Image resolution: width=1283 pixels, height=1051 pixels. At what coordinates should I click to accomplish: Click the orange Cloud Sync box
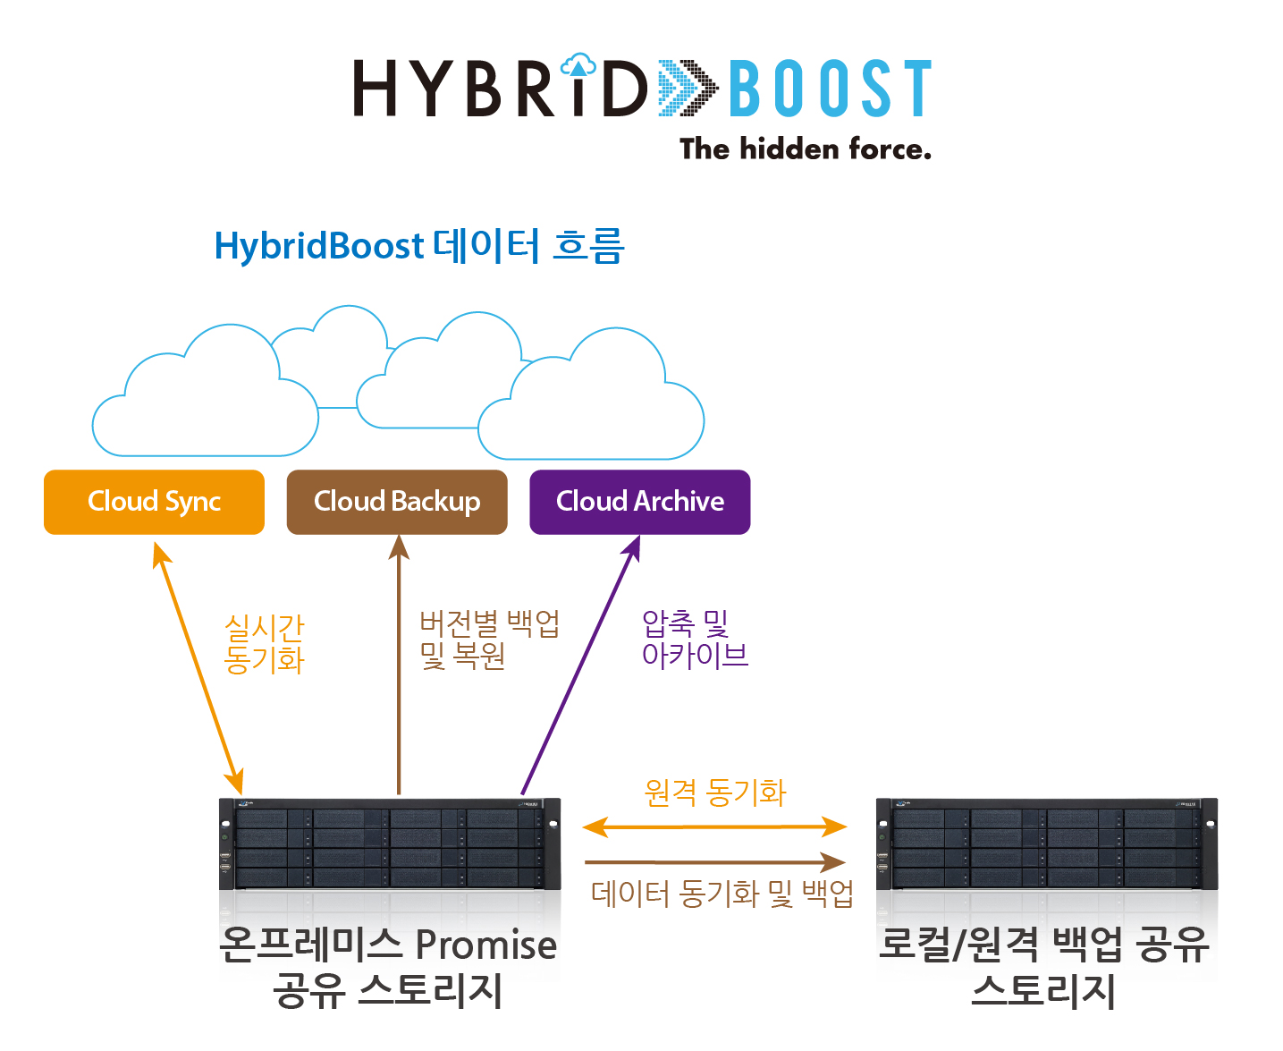click(x=154, y=502)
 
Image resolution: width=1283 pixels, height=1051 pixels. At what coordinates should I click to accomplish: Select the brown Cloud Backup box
click(x=397, y=502)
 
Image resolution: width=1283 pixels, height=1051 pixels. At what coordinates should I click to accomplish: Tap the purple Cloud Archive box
click(x=640, y=502)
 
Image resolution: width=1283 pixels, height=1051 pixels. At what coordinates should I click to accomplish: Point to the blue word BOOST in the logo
click(x=831, y=89)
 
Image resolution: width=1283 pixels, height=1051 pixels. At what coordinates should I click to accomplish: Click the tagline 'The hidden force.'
click(x=805, y=148)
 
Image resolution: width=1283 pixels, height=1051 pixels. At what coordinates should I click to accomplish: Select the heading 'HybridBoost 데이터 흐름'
click(x=418, y=246)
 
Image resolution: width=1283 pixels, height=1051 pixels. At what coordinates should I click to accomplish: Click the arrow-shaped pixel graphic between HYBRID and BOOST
click(x=688, y=89)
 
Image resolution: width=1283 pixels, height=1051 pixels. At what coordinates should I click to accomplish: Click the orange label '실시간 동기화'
click(x=265, y=643)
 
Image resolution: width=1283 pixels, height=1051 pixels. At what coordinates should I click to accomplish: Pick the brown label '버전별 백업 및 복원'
click(x=489, y=640)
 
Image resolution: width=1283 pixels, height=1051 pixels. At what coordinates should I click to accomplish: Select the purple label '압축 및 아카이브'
click(x=694, y=639)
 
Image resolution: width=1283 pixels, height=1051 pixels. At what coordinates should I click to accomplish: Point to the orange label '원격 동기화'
click(x=715, y=792)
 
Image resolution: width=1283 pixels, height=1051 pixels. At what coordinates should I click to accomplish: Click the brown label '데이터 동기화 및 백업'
click(x=722, y=893)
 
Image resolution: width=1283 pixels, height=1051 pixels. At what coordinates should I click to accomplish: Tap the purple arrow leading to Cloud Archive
click(x=580, y=665)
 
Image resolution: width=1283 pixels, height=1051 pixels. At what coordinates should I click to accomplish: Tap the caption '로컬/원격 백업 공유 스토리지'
click(x=1043, y=966)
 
